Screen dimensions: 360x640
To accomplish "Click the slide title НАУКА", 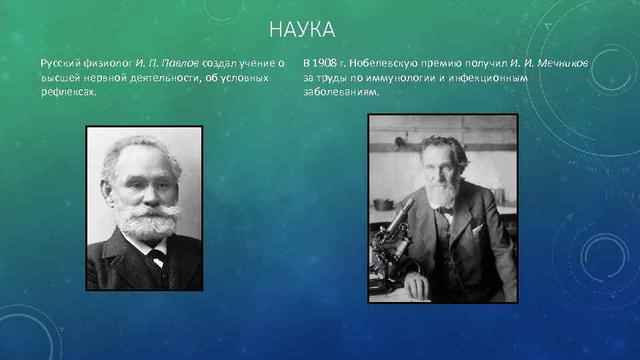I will pos(302,30).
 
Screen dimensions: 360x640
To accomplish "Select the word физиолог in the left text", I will pos(105,63).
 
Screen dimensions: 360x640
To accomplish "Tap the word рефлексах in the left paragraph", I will pos(68,91).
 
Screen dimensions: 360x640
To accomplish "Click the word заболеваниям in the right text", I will pos(341,91).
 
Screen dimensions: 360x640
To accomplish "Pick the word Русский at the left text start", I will pos(59,63).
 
